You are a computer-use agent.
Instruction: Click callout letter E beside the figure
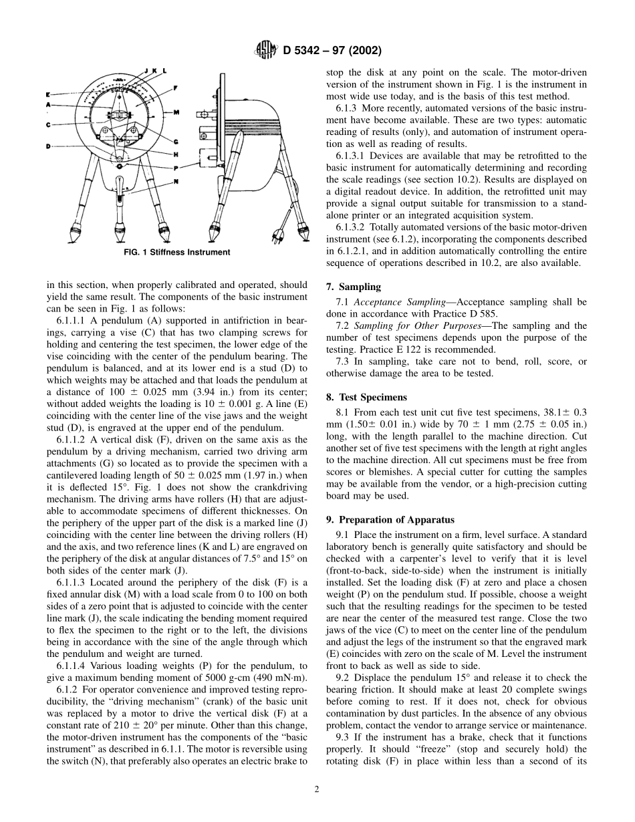pos(49,94)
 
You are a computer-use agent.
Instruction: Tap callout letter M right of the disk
pos(176,113)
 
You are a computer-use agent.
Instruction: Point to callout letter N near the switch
pos(176,181)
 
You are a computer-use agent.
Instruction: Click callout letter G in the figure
pos(176,141)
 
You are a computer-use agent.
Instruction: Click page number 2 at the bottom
pos(317,789)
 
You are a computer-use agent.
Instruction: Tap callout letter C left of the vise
pos(49,124)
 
